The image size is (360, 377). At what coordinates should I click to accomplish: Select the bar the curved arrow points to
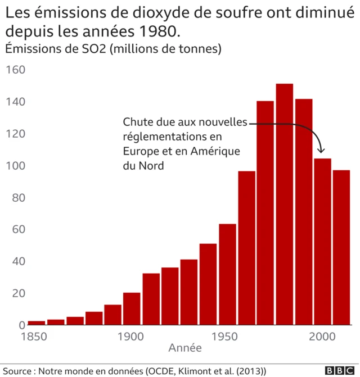coord(322,242)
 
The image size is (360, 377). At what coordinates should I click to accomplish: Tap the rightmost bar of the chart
coord(341,247)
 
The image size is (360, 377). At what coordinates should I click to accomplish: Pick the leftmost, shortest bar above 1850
coord(37,323)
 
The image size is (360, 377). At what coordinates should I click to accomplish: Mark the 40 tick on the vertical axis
coord(16,261)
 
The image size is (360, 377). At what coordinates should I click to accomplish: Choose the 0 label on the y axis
coord(21,325)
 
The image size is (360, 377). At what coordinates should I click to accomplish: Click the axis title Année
coord(185,348)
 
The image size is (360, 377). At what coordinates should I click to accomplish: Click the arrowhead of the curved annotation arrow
coord(322,151)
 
